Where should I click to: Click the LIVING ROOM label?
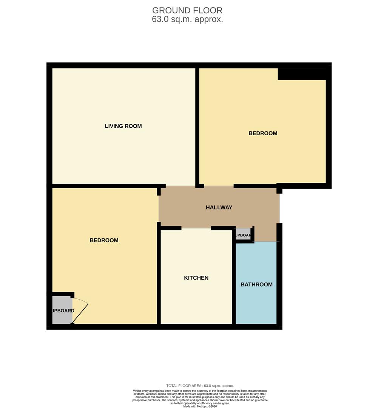pos(123,126)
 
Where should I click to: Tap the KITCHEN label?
pos(196,278)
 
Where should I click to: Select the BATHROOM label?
pos(256,284)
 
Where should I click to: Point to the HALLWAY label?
pos(219,207)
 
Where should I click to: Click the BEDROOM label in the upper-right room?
pos(263,133)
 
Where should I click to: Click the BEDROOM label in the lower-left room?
pos(104,240)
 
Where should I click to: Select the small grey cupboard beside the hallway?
pos(243,234)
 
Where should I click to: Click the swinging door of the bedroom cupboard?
pos(80,313)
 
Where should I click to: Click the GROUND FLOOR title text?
pos(187,10)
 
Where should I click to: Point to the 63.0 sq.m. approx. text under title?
pos(187,19)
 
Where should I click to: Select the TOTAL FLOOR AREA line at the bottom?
pos(200,386)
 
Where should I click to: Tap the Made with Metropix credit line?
pos(200,406)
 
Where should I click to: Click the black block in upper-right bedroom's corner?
pos(302,74)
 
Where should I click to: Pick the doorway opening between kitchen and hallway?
pos(196,228)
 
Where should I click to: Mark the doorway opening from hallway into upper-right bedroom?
pos(219,186)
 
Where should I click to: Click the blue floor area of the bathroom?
pos(256,302)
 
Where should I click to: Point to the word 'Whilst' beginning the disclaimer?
pos(138,391)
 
